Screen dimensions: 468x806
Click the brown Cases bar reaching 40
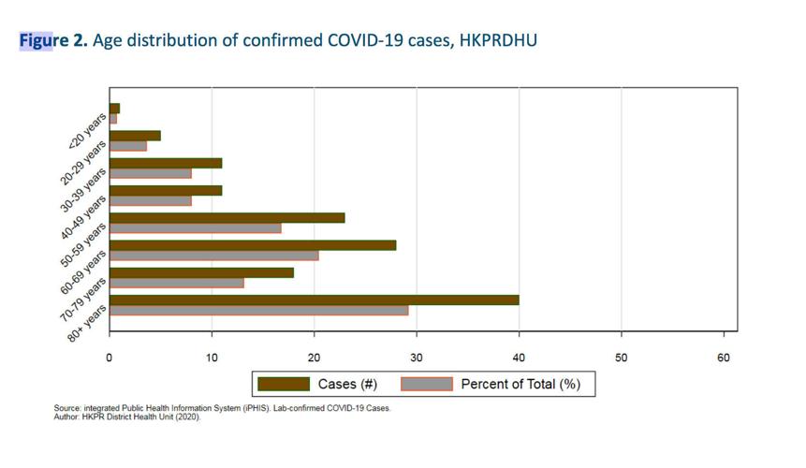coord(314,300)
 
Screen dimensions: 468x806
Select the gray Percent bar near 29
coord(258,310)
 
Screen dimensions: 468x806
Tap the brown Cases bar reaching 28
coord(253,245)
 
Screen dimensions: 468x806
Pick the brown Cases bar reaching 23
coord(227,218)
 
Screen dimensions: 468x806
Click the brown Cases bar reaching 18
coord(201,272)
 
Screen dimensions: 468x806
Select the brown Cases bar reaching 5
coord(135,136)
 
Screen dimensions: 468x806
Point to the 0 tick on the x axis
coord(110,357)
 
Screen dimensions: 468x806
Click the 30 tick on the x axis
coord(417,357)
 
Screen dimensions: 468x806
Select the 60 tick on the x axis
coord(724,357)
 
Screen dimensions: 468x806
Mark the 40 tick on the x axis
coord(519,357)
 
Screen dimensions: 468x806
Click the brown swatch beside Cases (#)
coord(283,384)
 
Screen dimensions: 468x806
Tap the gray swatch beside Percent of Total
coord(427,384)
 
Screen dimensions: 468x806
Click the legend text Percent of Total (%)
coord(520,384)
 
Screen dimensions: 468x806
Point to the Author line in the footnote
coord(127,417)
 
